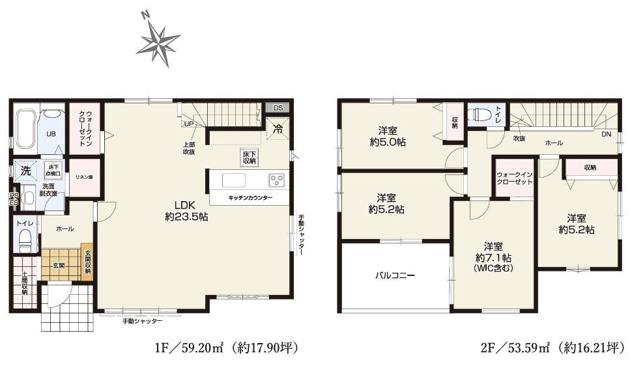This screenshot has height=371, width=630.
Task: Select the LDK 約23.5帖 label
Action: pyautogui.click(x=186, y=210)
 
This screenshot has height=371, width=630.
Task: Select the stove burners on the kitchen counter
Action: pyautogui.click(x=276, y=180)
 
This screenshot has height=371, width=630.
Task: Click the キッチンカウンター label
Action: pyautogui.click(x=250, y=197)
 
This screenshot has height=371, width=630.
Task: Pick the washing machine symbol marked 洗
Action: pyautogui.click(x=25, y=171)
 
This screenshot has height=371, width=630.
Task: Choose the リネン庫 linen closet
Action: pyautogui.click(x=84, y=177)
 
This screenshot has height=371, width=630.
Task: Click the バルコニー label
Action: pyautogui.click(x=394, y=275)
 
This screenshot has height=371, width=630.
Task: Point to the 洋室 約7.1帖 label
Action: pyautogui.click(x=493, y=256)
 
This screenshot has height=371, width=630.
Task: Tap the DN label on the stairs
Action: pyautogui.click(x=606, y=135)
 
